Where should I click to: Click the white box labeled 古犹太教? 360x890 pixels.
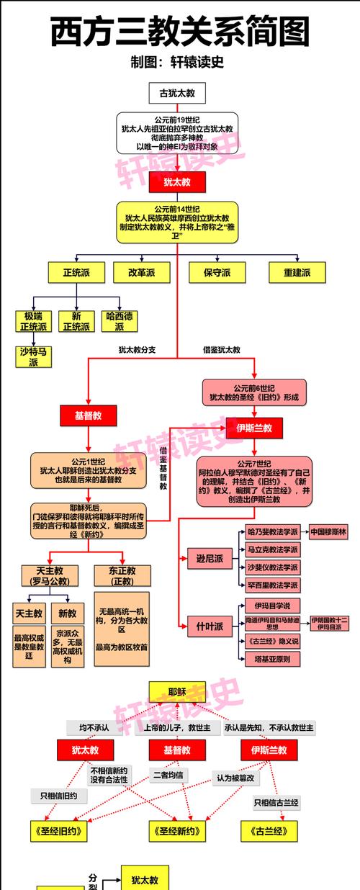pos(177,94)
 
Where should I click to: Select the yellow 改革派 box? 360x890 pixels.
pos(141,273)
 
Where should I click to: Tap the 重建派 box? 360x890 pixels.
pos(294,273)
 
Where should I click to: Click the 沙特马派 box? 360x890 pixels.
pos(34,356)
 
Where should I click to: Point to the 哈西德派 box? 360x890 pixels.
pos(119,321)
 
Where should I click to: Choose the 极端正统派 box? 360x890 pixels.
pos(34,321)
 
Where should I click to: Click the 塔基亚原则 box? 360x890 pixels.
pos(273,658)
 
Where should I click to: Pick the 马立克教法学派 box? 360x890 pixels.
pos(273,549)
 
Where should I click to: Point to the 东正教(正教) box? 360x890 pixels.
pos(122,575)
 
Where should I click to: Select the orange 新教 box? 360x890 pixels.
pos(67,614)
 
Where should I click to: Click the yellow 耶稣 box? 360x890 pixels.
pos(177,692)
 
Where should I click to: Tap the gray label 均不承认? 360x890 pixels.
pos(94,728)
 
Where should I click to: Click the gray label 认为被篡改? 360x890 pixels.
pos(237,778)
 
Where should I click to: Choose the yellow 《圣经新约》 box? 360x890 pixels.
pos(177,831)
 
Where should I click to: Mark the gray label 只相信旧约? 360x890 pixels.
pos(58,796)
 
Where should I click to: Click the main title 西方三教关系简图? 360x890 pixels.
pos(180,32)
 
